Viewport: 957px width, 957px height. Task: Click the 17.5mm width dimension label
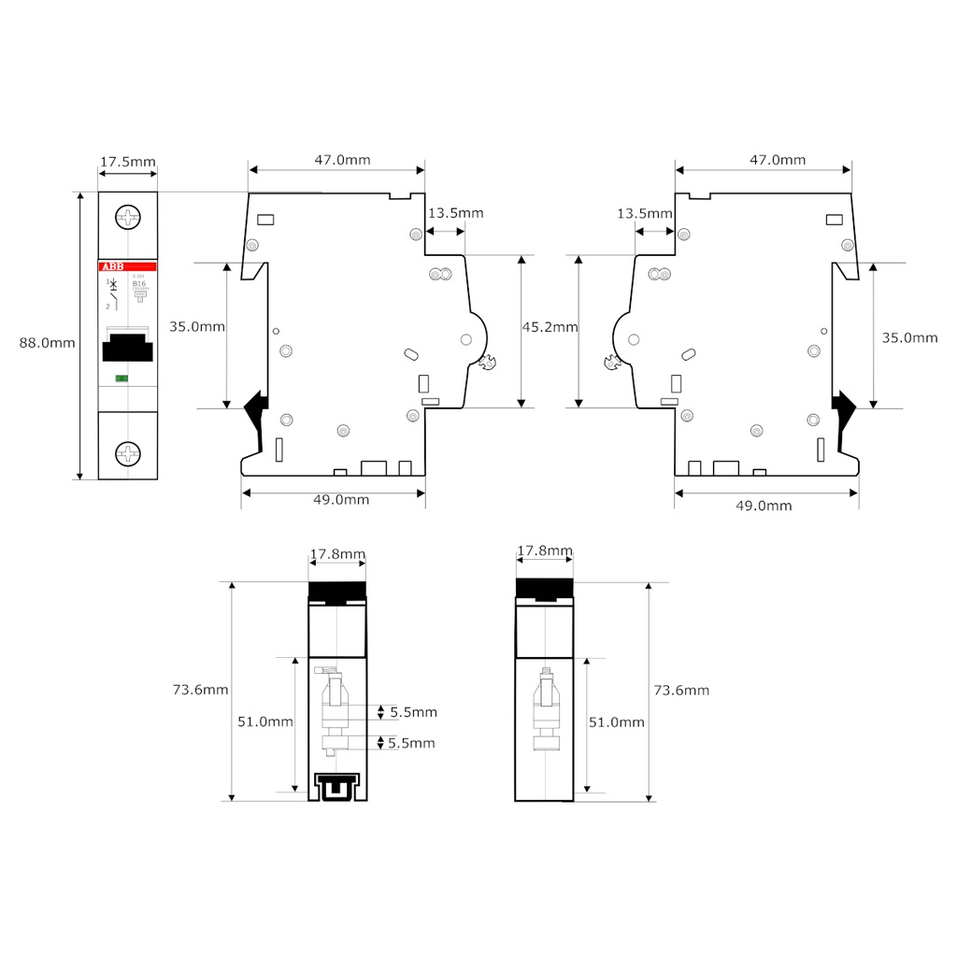coord(128,162)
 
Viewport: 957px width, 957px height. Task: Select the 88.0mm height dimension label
coord(48,343)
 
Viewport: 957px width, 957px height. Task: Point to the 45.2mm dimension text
coord(550,327)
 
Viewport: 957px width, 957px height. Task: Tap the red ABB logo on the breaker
coord(111,267)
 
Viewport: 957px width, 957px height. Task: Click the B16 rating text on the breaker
coord(139,283)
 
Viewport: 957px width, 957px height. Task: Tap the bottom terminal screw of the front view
coord(127,454)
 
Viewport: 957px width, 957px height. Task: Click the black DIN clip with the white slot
coord(337,787)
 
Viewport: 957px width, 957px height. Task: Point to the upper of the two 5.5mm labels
coord(413,712)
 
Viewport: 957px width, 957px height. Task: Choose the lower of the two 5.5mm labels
coord(411,743)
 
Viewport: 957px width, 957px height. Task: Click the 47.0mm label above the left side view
coord(342,160)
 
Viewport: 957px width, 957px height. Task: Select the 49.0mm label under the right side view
coord(764,506)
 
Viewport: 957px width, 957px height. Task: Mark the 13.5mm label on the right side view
coord(645,214)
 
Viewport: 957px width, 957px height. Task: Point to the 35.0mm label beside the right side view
coord(909,337)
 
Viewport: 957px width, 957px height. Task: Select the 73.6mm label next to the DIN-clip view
coord(201,690)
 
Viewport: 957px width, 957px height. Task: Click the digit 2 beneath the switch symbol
coord(107,306)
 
